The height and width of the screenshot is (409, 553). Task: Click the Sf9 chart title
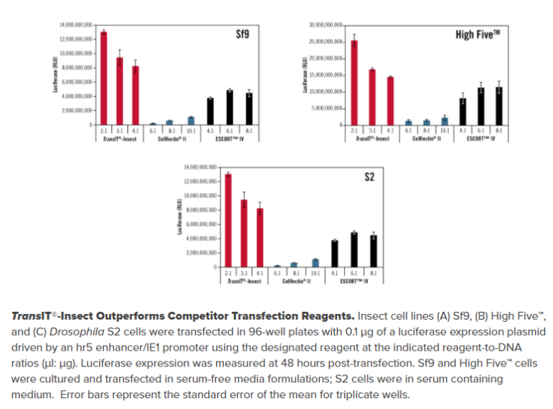[x=244, y=34]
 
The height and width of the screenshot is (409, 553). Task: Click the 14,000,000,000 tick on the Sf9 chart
[x=77, y=25]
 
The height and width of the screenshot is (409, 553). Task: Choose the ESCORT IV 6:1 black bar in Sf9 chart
[x=230, y=107]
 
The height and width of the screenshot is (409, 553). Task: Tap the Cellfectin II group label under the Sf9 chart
[x=172, y=139]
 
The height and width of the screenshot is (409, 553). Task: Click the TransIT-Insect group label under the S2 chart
[x=243, y=281]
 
